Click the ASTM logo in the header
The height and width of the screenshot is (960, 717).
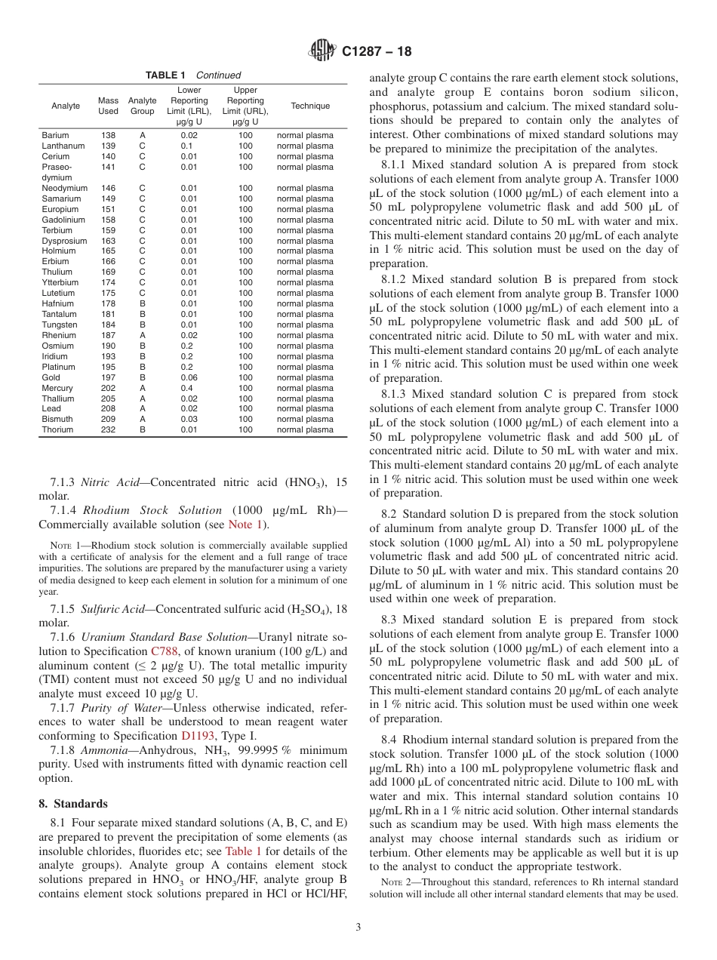pyautogui.click(x=322, y=51)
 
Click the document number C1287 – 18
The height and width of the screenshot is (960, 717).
pyautogui.click(x=377, y=52)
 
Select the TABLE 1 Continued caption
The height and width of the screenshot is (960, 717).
pyautogui.click(x=193, y=75)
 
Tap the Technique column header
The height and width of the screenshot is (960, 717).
pyautogui.click(x=310, y=106)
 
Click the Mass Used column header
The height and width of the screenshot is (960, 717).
pyautogui.click(x=108, y=106)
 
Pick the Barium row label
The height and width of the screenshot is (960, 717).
pyautogui.click(x=55, y=136)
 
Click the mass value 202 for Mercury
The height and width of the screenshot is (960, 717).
pyautogui.click(x=108, y=388)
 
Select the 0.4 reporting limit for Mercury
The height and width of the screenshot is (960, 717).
pyautogui.click(x=189, y=388)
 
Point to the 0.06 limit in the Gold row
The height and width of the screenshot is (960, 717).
pyautogui.click(x=189, y=377)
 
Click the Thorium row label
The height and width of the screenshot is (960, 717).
pyautogui.click(x=57, y=430)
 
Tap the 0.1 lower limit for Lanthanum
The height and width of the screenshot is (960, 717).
pyautogui.click(x=189, y=146)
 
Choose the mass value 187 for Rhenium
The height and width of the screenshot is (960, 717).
pyautogui.click(x=108, y=335)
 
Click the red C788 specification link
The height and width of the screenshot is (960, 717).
pyautogui.click(x=165, y=651)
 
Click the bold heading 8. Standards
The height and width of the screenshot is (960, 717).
pyautogui.click(x=72, y=804)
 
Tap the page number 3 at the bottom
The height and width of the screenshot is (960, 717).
pyautogui.click(x=358, y=927)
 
